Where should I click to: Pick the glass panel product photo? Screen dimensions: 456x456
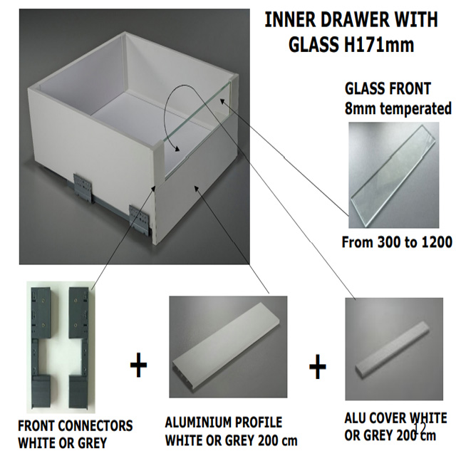click(x=394, y=175)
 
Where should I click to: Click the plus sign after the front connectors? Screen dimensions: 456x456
click(x=138, y=366)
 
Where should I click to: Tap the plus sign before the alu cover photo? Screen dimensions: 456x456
click(x=317, y=367)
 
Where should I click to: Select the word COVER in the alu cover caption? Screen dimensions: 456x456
click(x=392, y=419)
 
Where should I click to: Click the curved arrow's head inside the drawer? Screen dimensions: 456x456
click(x=176, y=149)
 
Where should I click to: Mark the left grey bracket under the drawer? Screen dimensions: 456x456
click(x=83, y=188)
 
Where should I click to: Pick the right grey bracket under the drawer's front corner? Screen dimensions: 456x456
click(x=140, y=218)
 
